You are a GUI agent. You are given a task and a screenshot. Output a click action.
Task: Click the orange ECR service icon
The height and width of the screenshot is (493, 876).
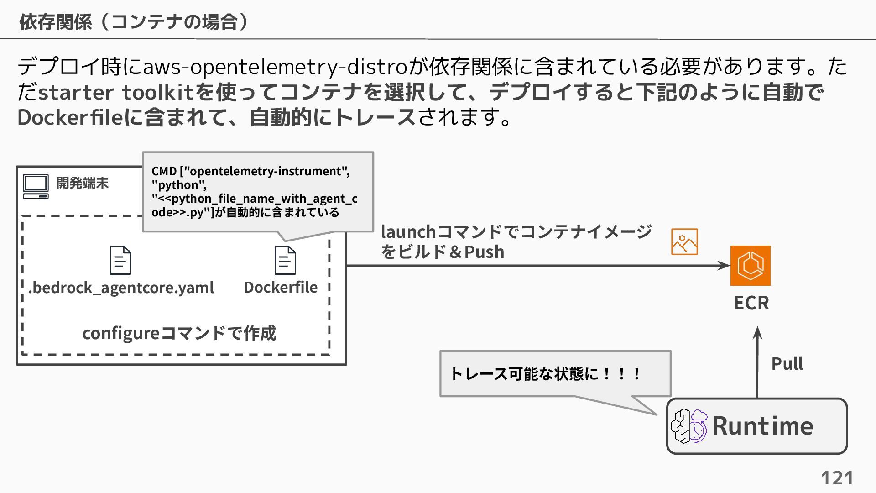tap(750, 266)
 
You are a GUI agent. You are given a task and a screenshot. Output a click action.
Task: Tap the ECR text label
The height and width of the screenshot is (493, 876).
tap(751, 303)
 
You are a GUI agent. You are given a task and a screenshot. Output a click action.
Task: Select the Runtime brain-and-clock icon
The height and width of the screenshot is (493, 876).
tap(688, 426)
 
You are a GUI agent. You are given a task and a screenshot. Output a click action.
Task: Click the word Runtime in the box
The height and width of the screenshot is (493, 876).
tap(762, 426)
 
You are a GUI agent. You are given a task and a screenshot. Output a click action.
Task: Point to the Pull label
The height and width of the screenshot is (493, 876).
tap(787, 364)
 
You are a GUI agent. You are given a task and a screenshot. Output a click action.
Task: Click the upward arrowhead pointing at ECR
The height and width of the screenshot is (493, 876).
tap(757, 332)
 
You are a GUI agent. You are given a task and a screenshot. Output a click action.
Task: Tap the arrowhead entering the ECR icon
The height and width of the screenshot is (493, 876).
tap(724, 266)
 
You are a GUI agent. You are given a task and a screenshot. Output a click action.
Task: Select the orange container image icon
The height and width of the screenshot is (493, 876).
tap(684, 242)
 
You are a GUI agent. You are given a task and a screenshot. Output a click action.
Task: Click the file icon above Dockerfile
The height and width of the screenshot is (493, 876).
tap(285, 260)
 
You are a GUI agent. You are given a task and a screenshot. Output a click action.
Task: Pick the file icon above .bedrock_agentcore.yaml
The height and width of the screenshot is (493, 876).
tap(120, 260)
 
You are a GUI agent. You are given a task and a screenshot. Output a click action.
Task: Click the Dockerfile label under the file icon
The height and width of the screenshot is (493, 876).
tap(281, 288)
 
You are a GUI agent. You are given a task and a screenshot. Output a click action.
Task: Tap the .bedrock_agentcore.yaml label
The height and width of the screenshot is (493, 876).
tap(121, 288)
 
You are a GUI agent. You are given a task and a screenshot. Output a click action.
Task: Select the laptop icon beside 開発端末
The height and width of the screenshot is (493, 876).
tap(36, 186)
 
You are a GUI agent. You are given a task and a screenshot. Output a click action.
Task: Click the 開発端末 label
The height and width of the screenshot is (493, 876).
tap(82, 183)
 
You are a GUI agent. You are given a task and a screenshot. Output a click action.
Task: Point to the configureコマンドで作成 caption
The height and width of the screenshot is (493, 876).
tap(179, 333)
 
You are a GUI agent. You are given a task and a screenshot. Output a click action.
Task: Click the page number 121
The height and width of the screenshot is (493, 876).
tap(837, 478)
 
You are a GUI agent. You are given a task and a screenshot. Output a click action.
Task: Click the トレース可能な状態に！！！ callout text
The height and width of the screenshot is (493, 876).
tap(546, 374)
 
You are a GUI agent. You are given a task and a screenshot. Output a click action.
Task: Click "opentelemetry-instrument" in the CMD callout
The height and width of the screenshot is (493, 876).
tap(265, 171)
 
